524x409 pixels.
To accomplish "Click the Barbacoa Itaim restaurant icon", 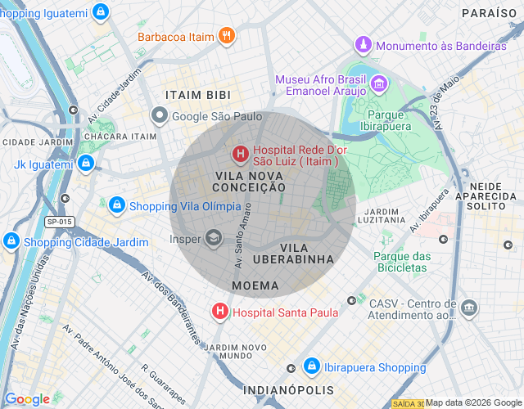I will tap(227, 36).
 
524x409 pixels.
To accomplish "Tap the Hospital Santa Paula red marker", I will tap(219, 312).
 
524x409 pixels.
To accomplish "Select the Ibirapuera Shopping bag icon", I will tap(311, 367).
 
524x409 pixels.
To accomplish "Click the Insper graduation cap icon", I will tap(213, 239).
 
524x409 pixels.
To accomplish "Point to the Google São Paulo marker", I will tap(160, 116).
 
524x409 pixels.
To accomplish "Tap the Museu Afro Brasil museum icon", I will tap(379, 84).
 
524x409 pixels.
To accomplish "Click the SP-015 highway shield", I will tap(59, 222).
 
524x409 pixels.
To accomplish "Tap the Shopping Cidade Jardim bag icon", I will tap(11, 241).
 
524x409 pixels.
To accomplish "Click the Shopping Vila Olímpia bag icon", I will tap(117, 204).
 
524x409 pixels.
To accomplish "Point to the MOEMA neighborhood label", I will tap(255, 286).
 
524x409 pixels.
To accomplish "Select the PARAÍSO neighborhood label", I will tap(489, 13).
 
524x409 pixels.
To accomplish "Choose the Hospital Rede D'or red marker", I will tap(240, 153).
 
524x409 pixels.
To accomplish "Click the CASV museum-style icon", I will tap(469, 308).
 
